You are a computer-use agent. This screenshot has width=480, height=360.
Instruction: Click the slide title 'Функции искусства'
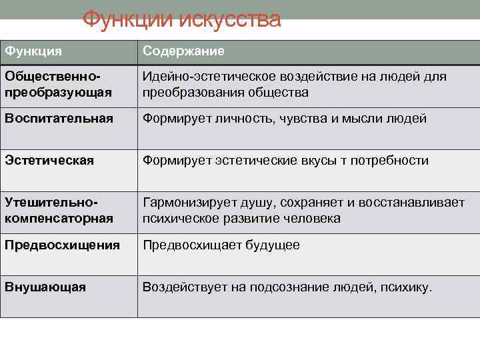pos(181,20)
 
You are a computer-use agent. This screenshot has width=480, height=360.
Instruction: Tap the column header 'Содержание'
pos(183,52)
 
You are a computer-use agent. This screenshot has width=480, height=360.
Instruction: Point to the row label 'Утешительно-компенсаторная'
pos(59,210)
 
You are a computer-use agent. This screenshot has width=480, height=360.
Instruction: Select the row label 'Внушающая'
pos(45,287)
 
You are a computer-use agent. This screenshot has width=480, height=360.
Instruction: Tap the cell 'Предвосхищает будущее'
pos(221,245)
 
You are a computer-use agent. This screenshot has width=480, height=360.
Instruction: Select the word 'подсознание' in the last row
pos(288,287)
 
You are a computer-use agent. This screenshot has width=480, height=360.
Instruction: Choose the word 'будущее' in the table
pos(269,245)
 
